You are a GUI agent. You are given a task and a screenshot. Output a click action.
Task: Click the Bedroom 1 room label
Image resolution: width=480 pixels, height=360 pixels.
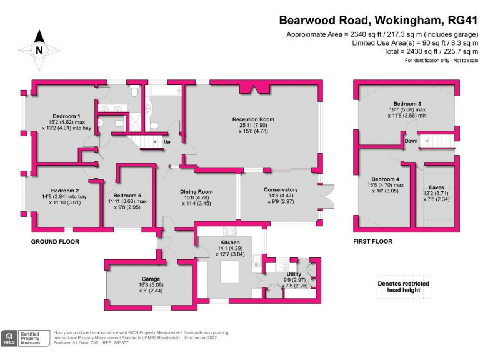tap(66, 116)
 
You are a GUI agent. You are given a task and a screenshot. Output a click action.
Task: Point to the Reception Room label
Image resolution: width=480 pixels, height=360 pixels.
tap(253, 119)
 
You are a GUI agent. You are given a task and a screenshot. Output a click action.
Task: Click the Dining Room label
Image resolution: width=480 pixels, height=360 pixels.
tap(197, 192)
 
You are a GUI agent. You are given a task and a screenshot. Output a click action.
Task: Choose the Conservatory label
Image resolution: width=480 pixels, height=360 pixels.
tap(281, 190)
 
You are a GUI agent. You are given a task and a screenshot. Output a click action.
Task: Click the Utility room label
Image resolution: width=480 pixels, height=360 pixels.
tap(294, 274)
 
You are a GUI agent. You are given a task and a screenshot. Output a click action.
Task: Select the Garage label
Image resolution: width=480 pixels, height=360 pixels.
tap(151, 279)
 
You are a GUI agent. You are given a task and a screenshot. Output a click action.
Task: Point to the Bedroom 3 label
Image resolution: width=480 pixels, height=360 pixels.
tap(407, 103)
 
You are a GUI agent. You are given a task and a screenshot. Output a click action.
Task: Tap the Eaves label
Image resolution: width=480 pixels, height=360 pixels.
tap(437, 187)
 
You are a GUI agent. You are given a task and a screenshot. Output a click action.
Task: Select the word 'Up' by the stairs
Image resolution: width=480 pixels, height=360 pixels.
tap(167, 142)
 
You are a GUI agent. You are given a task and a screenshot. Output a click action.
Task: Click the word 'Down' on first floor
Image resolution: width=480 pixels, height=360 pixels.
tap(411, 141)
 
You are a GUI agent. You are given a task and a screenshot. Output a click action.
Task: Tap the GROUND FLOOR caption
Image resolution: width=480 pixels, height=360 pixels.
tap(55, 241)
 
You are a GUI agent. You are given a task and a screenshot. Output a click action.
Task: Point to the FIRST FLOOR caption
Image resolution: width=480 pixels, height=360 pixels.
tap(372, 241)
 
